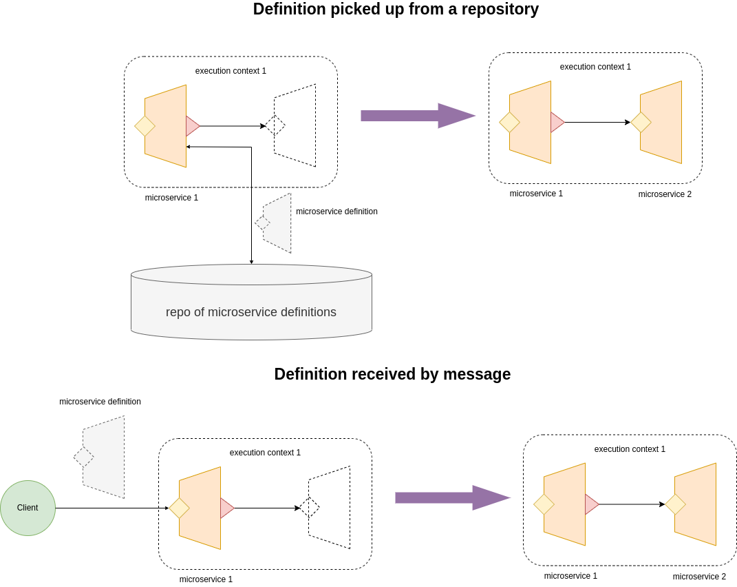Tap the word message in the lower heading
[x=477, y=374]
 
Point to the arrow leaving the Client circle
[x=110, y=508]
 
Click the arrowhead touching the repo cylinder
[x=251, y=262]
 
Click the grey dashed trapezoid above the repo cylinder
[x=278, y=223]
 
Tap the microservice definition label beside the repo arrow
[x=337, y=212]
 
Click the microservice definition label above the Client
[x=100, y=402]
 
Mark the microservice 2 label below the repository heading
[x=665, y=194]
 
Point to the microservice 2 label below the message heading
[x=699, y=577]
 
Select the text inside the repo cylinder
[x=251, y=312]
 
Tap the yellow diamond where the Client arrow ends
[x=179, y=508]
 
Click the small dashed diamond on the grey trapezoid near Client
[x=84, y=457]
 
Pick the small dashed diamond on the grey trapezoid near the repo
[x=262, y=223]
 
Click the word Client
[x=28, y=508]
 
